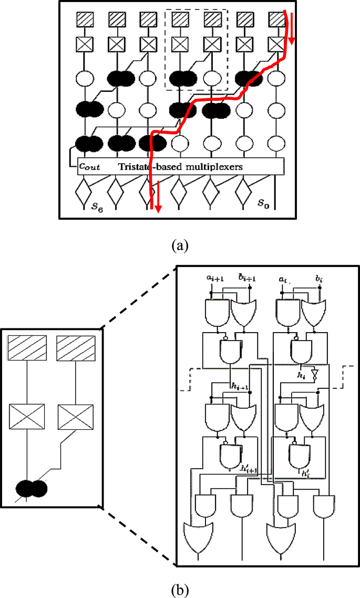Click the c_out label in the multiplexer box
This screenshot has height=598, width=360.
tap(90, 167)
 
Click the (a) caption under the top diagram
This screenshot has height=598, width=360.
tap(180, 245)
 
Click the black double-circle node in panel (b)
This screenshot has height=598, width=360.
tap(31, 488)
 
